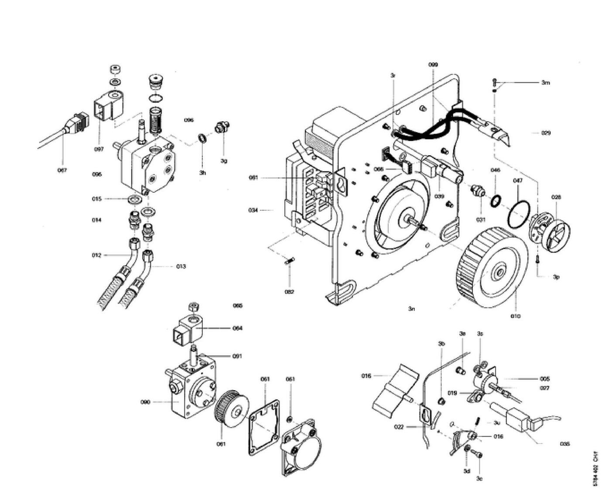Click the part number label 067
point(62,170)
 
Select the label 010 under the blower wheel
point(516,316)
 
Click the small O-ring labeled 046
point(495,201)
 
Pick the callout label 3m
point(546,82)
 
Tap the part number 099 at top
point(433,65)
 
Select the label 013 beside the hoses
point(181,266)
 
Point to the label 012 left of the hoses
point(96,255)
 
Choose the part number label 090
point(145,402)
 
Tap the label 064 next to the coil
point(237,328)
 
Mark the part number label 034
point(253,210)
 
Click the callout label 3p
point(556,276)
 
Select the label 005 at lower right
point(544,378)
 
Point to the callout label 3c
point(479,479)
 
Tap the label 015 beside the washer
point(97,199)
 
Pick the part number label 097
point(99,149)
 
